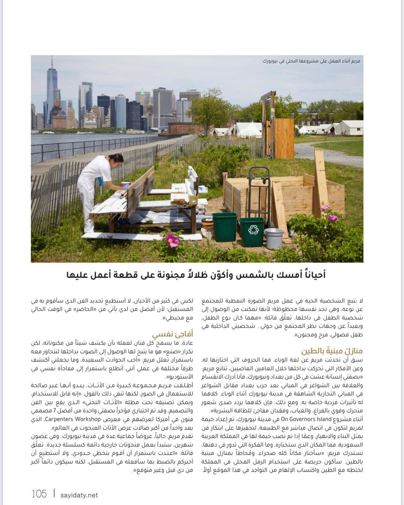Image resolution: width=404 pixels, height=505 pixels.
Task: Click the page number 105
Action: point(39,494)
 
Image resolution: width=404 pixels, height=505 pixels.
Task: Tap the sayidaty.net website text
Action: point(79,495)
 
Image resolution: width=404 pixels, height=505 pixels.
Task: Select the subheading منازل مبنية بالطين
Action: point(332,351)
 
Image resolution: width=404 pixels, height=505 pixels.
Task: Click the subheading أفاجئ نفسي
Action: point(173,334)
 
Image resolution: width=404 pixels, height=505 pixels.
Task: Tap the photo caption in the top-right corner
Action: point(311,61)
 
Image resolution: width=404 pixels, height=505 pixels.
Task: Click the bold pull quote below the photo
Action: point(196,275)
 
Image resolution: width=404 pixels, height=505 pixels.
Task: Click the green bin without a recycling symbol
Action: point(224,226)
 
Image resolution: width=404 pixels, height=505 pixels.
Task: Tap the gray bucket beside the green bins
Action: point(274,238)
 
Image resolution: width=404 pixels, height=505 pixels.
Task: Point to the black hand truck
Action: point(259,195)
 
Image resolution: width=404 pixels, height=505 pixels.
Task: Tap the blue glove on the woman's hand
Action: point(100,181)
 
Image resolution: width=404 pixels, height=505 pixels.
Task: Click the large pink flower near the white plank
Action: point(172,240)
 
